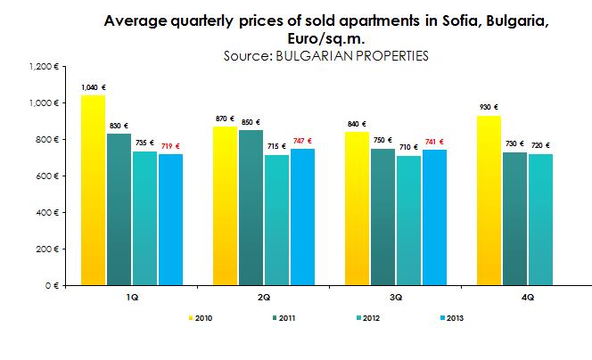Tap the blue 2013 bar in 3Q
435,217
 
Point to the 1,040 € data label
92,87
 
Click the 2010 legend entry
204,316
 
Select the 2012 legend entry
370,316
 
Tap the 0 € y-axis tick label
52,286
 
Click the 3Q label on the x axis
395,296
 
